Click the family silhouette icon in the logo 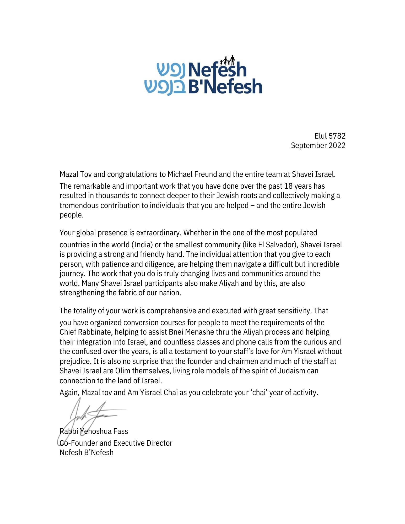click(227, 61)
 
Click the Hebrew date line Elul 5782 click(330, 136)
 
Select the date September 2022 click(318, 145)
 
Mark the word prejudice click(75, 362)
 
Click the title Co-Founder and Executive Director click(116, 443)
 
